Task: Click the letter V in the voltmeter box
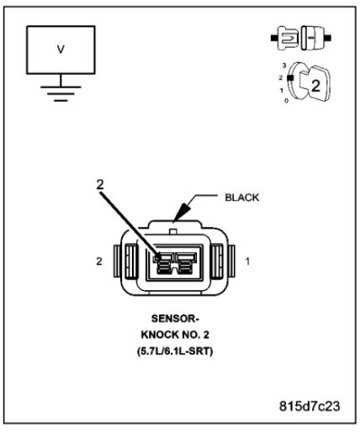click(60, 49)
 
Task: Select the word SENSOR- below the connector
click(177, 321)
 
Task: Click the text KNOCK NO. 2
click(177, 335)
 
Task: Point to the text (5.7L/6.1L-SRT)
click(177, 350)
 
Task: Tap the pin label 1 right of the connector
click(247, 261)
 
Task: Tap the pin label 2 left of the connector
click(99, 261)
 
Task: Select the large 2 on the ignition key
click(315, 85)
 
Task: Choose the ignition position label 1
click(282, 89)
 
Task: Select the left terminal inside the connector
click(165, 264)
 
